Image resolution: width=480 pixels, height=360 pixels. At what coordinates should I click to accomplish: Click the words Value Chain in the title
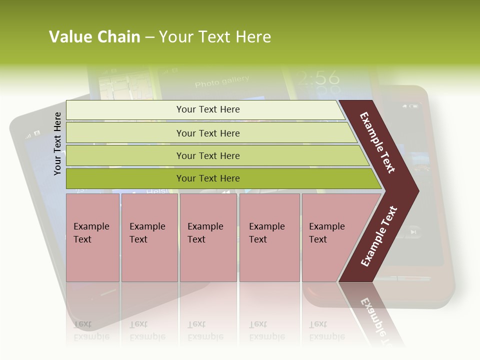click(94, 37)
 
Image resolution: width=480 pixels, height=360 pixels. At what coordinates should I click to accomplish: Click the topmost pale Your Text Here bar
click(208, 109)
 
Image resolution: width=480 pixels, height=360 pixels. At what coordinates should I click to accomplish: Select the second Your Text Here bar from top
click(208, 133)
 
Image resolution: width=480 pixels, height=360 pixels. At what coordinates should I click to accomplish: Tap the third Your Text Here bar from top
click(208, 155)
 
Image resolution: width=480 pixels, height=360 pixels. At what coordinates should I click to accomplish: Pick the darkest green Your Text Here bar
click(208, 178)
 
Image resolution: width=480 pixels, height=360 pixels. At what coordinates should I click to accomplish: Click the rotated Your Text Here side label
click(58, 143)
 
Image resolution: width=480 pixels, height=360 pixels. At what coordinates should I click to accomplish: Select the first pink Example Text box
click(92, 237)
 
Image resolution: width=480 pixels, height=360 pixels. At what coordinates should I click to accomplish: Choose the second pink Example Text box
click(149, 237)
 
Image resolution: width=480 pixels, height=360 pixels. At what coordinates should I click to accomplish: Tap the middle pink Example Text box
click(208, 237)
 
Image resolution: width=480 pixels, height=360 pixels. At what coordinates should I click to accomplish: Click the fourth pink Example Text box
click(269, 237)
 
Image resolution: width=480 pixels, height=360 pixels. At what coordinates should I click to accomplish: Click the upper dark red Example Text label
click(377, 142)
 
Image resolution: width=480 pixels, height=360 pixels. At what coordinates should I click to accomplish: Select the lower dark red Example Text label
click(378, 236)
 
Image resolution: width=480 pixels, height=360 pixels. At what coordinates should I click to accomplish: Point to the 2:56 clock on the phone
click(316, 78)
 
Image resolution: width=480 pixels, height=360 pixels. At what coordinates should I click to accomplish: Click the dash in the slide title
click(149, 37)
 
